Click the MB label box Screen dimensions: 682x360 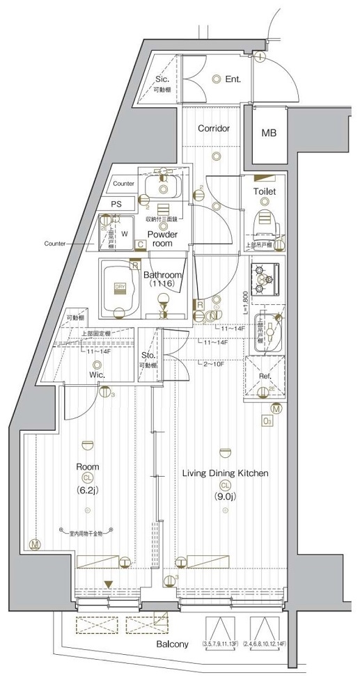268,132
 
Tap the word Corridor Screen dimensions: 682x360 214,129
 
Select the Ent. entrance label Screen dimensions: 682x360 233,79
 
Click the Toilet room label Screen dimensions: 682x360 265,191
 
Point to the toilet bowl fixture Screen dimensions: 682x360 265,221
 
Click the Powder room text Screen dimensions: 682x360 162,239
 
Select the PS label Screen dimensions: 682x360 116,204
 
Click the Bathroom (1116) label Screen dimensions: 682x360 163,280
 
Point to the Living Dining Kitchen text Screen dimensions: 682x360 225,473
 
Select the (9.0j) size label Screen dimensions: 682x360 225,497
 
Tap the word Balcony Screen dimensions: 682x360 172,645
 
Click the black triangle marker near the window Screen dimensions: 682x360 107,584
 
